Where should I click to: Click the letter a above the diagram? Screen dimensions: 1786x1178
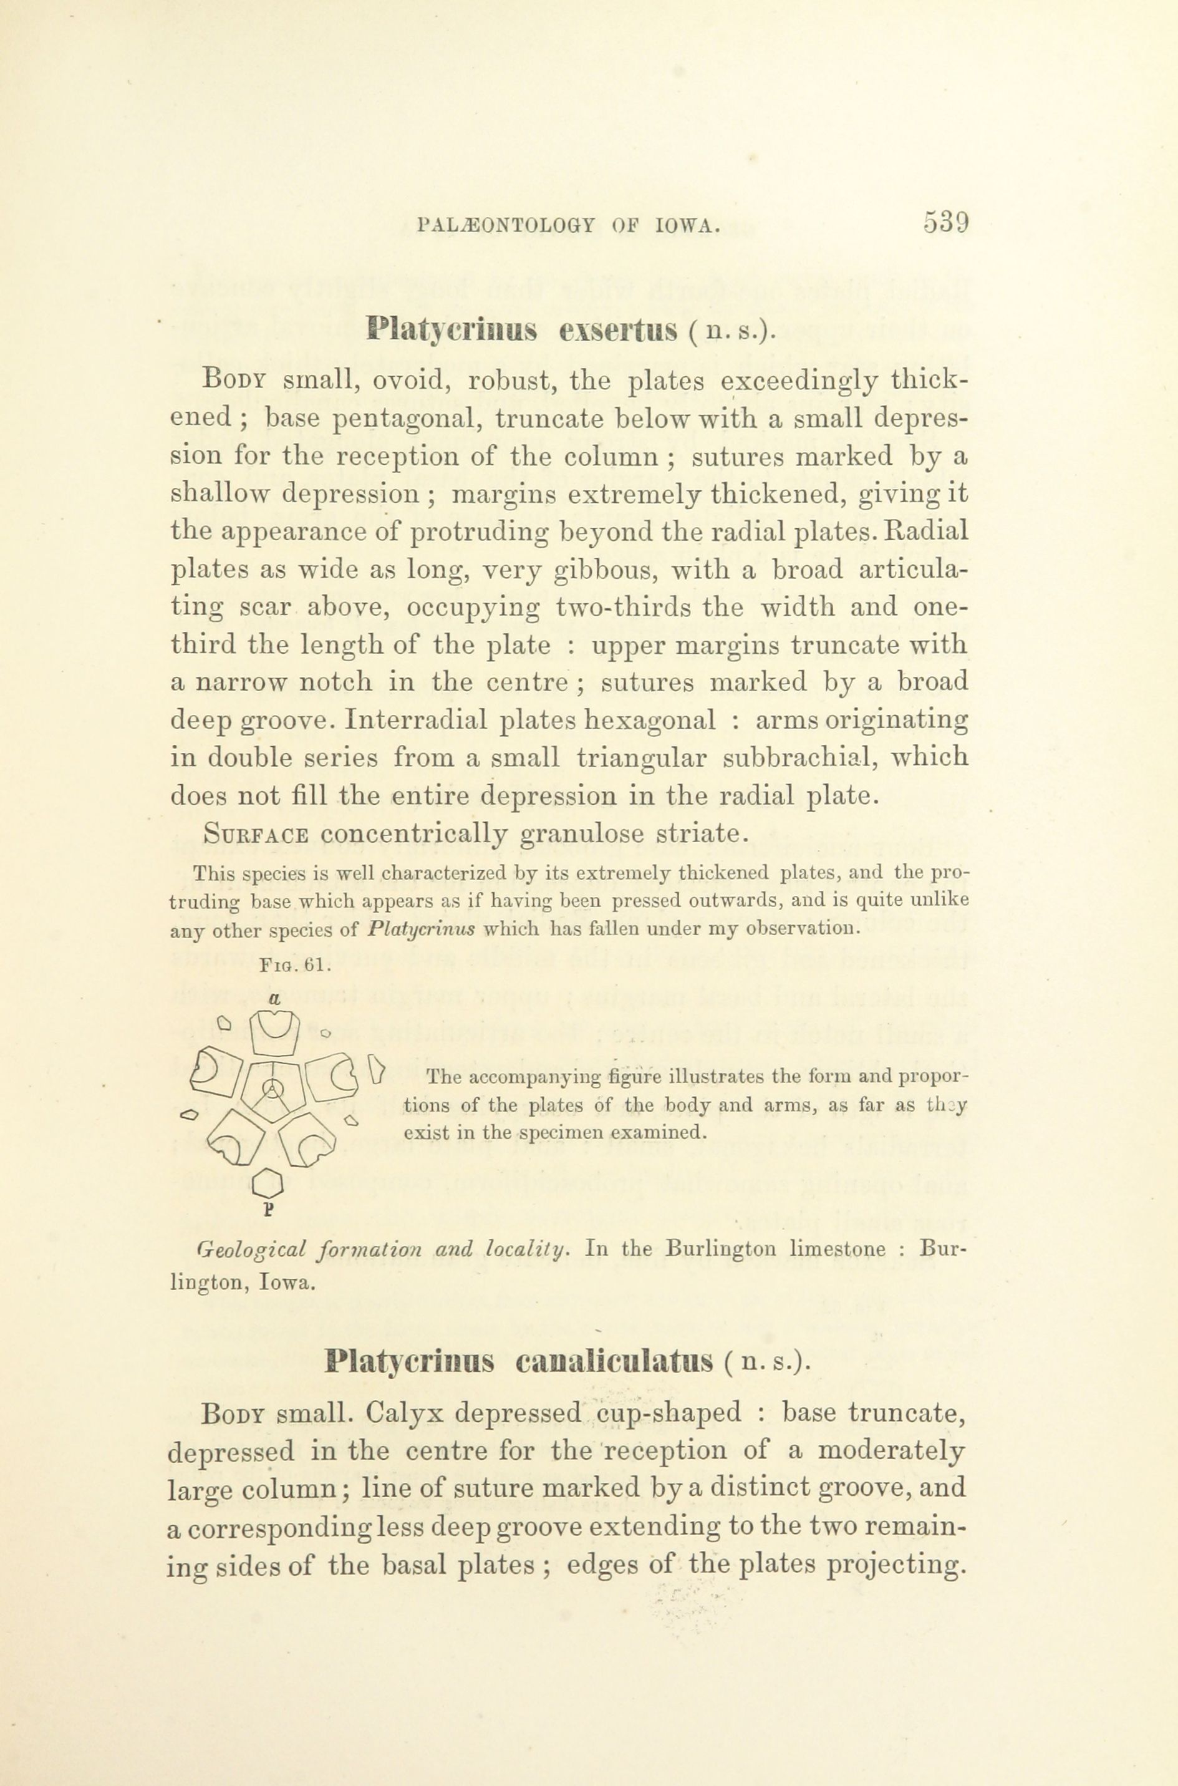(x=274, y=1000)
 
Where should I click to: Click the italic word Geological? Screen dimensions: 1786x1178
(x=251, y=1249)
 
